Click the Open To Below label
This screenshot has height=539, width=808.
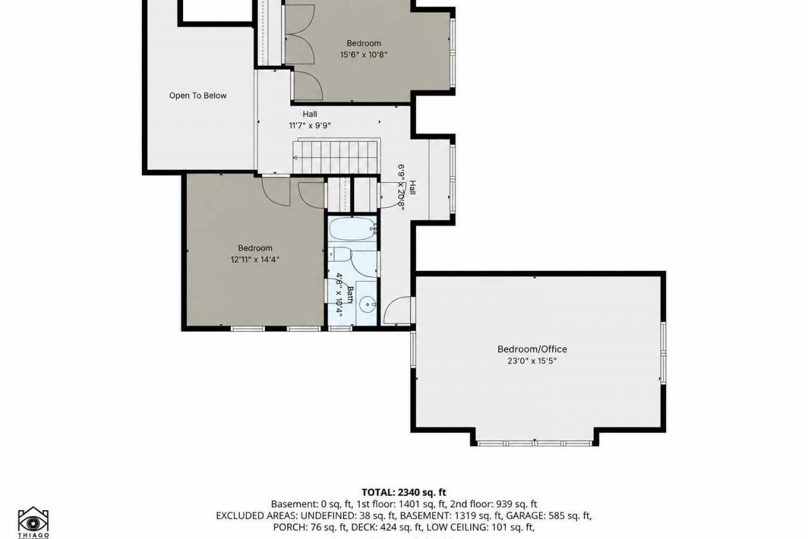tap(198, 95)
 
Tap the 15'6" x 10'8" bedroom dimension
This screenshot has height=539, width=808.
tap(364, 55)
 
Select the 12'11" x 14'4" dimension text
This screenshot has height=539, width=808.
tap(255, 260)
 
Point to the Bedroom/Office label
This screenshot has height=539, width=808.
tap(532, 349)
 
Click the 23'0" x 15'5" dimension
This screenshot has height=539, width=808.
tap(532, 361)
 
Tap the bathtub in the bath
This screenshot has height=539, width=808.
tap(352, 229)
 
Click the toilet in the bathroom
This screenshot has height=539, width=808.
tap(340, 255)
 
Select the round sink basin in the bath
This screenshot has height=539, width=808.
tap(367, 305)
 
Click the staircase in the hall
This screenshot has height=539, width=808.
tap(335, 157)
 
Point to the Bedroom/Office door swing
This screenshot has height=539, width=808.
tap(397, 310)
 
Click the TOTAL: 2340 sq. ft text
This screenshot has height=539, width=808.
tap(403, 492)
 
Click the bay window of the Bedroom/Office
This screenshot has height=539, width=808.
tap(535, 444)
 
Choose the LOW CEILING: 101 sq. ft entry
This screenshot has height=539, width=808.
tap(480, 527)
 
